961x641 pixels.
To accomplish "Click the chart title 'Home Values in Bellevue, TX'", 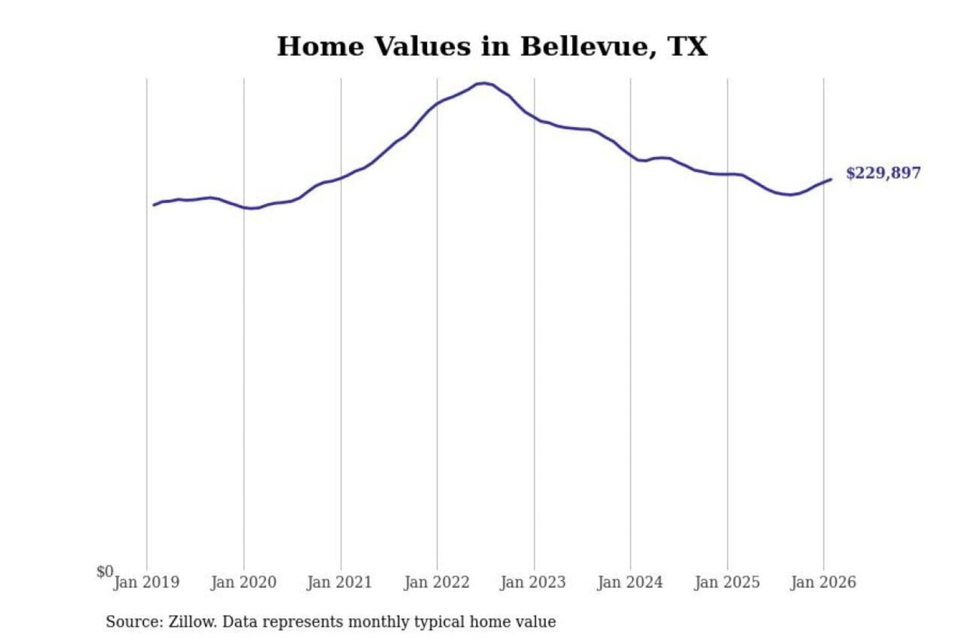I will coord(492,47).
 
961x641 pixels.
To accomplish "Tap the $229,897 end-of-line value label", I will coord(883,173).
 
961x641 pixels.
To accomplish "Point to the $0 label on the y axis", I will coord(104,572).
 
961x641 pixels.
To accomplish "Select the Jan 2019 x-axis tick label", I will coord(146,582).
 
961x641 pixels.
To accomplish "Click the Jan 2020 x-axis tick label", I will coord(243,582).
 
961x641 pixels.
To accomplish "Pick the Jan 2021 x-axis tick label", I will coord(339,582).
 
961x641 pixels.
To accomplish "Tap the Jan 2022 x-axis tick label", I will coord(436,582).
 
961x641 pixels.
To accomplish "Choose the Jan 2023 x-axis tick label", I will coord(533,582).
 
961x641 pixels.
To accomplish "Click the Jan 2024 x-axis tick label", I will coord(630,582).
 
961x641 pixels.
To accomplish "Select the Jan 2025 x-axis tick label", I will coord(727,582).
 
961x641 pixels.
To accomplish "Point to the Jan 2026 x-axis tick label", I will coord(823,582).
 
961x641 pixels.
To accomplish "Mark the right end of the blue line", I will coord(831,179).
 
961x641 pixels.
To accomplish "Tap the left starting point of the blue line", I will coord(154,205).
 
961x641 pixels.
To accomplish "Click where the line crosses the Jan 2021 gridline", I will coord(341,178).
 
